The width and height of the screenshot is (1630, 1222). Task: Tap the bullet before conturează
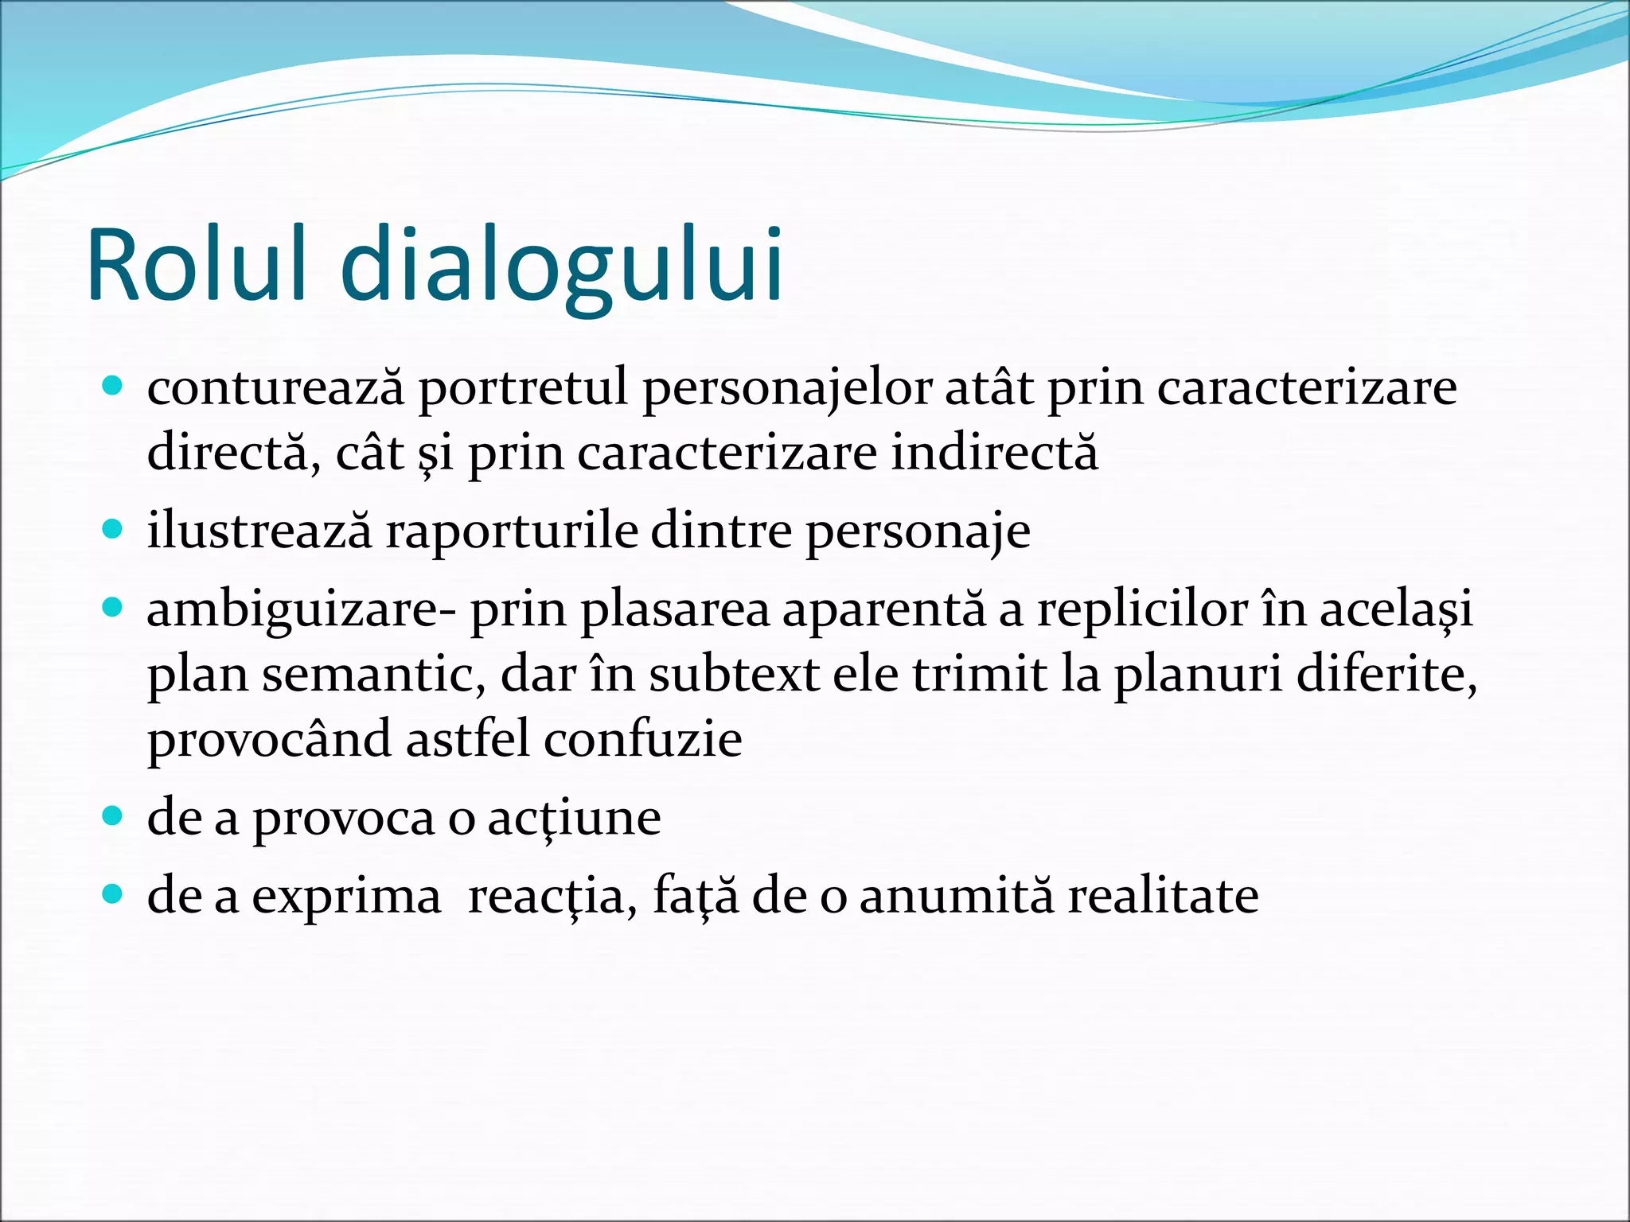[x=113, y=387]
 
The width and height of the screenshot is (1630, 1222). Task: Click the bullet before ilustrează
[x=113, y=529]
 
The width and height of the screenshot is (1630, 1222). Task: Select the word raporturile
[x=512, y=531]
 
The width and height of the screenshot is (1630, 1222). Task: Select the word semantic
[x=373, y=675]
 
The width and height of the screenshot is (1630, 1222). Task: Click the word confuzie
[x=643, y=738]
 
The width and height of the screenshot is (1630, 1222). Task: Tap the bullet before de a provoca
[x=113, y=815]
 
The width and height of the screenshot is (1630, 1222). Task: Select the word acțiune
[x=574, y=819]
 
